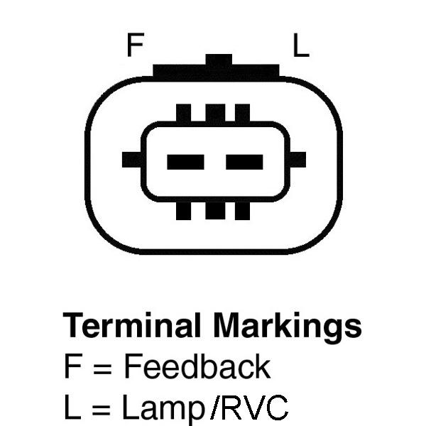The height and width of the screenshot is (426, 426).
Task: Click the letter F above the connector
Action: click(136, 45)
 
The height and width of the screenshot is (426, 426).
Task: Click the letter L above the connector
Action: click(301, 45)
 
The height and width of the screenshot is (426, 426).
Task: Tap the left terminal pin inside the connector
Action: click(185, 162)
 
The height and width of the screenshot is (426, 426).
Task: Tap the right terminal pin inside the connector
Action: click(244, 162)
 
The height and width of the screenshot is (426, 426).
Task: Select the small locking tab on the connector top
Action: click(219, 60)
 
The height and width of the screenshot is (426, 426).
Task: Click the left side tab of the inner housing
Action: click(132, 160)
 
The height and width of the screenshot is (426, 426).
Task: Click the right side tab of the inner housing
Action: click(297, 160)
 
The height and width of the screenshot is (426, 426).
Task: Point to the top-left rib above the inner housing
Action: click(184, 113)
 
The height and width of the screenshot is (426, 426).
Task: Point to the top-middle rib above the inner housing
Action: click(215, 113)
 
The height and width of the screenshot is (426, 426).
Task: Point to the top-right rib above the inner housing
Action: click(242, 113)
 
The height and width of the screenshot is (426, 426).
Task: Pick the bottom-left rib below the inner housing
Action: click(184, 211)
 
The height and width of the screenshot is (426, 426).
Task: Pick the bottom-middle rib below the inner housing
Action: click(215, 211)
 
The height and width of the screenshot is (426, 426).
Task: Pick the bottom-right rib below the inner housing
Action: click(242, 211)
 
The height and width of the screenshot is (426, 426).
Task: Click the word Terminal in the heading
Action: click(132, 325)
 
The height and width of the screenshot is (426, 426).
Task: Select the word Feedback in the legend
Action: click(197, 366)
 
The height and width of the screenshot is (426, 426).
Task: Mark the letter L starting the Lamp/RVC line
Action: click(72, 407)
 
